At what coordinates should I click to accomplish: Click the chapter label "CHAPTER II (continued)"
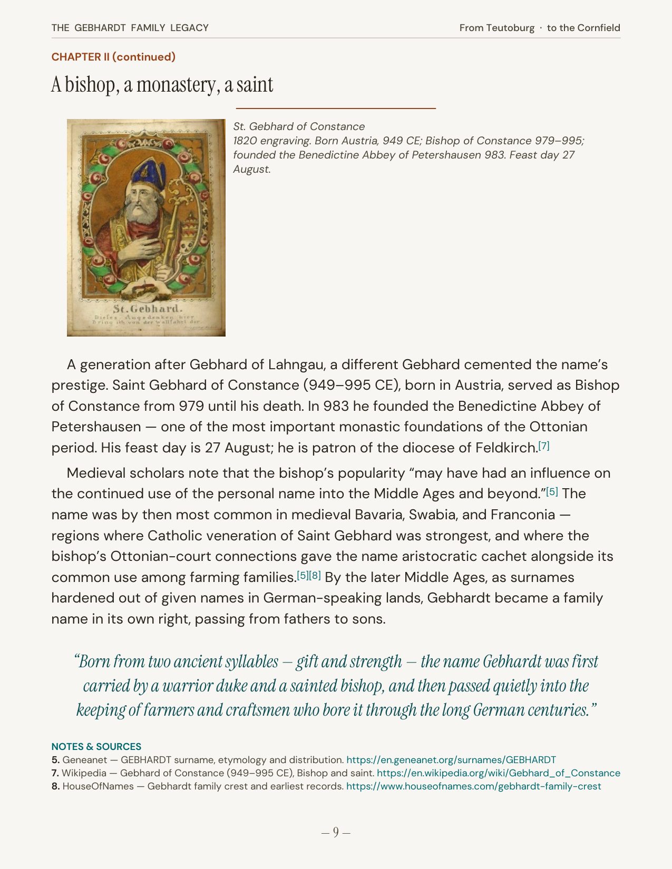pos(113,57)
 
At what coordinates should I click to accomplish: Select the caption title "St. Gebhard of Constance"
pos(299,126)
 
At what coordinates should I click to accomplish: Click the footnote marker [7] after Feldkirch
pos(543,446)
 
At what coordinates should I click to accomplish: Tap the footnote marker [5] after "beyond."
pos(552,491)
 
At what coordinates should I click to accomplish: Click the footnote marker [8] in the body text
pos(315,575)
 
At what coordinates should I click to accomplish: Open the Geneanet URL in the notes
pos(451,760)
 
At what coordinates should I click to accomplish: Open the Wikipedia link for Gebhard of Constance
pos(498,773)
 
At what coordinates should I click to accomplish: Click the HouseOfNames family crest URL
pos(473,786)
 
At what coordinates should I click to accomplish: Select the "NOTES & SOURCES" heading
pos(96,747)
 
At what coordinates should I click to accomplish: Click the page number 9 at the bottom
pos(336,832)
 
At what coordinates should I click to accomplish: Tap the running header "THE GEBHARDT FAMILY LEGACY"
pos(130,28)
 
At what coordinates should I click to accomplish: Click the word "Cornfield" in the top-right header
pos(598,28)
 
